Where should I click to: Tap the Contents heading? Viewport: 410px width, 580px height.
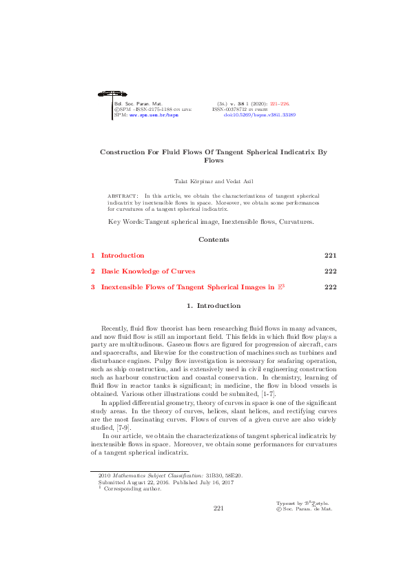click(214, 240)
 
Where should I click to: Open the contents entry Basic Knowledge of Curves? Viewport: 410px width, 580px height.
click(148, 271)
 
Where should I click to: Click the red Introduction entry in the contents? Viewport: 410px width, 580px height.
click(123, 255)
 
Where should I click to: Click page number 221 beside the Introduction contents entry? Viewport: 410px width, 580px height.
click(330, 255)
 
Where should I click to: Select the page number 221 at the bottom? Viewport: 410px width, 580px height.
click(219, 508)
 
